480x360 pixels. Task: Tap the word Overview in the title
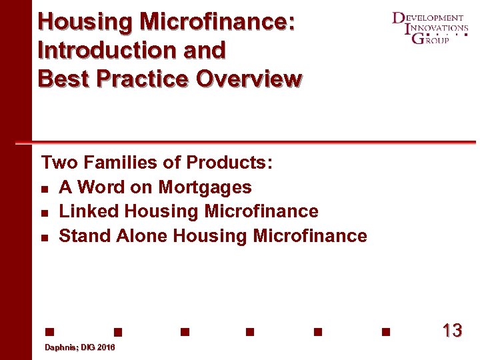pyautogui.click(x=249, y=79)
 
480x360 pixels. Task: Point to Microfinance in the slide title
pyautogui.click(x=217, y=21)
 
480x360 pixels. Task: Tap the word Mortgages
pyautogui.click(x=205, y=187)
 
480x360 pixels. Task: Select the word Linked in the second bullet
pyautogui.click(x=89, y=211)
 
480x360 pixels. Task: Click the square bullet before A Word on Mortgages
pyautogui.click(x=45, y=189)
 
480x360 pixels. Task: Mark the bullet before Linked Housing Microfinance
pyautogui.click(x=45, y=213)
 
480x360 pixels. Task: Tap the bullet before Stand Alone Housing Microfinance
pyautogui.click(x=45, y=237)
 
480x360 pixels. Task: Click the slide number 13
pyautogui.click(x=451, y=331)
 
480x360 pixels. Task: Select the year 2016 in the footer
pyautogui.click(x=105, y=348)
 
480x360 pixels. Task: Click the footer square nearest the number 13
pyautogui.click(x=385, y=331)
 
